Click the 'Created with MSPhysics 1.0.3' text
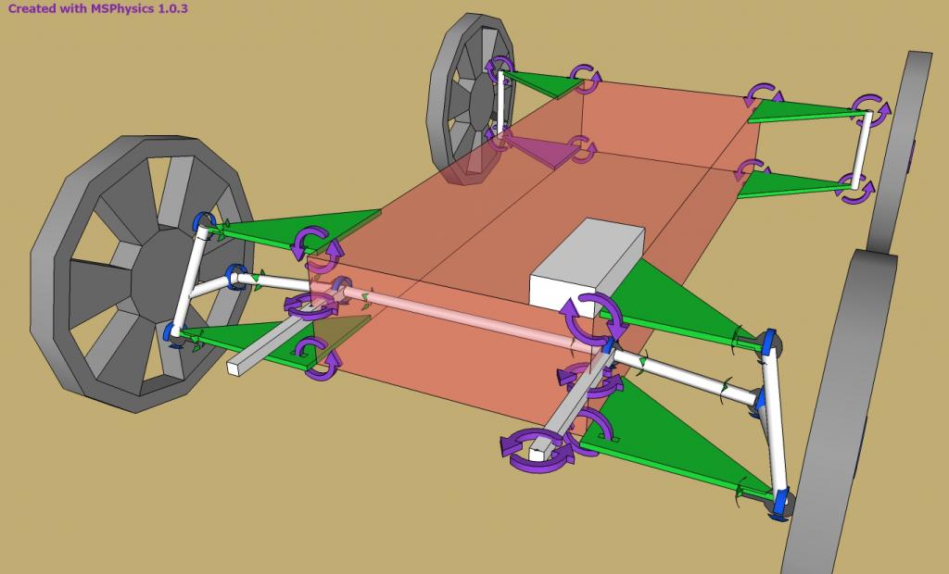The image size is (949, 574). tap(97, 8)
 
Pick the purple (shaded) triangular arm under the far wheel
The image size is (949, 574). tap(540, 150)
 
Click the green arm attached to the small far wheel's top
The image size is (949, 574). tap(542, 84)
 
